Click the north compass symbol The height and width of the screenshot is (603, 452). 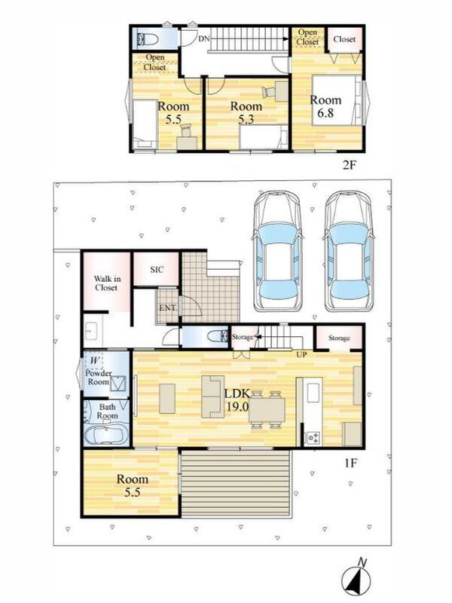click(356, 579)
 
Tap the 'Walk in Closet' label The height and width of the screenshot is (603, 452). click(106, 283)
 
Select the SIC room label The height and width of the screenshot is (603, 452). click(157, 270)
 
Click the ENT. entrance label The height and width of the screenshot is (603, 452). click(168, 308)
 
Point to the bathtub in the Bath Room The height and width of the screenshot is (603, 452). click(106, 436)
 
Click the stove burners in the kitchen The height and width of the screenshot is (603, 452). click(313, 437)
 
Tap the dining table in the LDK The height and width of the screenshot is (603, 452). click(267, 410)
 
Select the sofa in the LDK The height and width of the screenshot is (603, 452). click(212, 396)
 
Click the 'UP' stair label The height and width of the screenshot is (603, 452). click(301, 354)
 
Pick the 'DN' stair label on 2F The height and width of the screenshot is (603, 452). click(203, 38)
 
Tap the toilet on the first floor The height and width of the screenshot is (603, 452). click(218, 337)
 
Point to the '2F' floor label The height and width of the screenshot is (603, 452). click(350, 166)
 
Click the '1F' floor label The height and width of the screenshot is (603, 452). click(350, 463)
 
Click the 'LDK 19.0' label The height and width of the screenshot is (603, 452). click(238, 400)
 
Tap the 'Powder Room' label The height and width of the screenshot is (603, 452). click(99, 378)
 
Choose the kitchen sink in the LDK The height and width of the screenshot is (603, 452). click(313, 393)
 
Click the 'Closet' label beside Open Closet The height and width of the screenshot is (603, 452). click(344, 39)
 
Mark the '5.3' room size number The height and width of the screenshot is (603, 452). click(246, 120)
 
